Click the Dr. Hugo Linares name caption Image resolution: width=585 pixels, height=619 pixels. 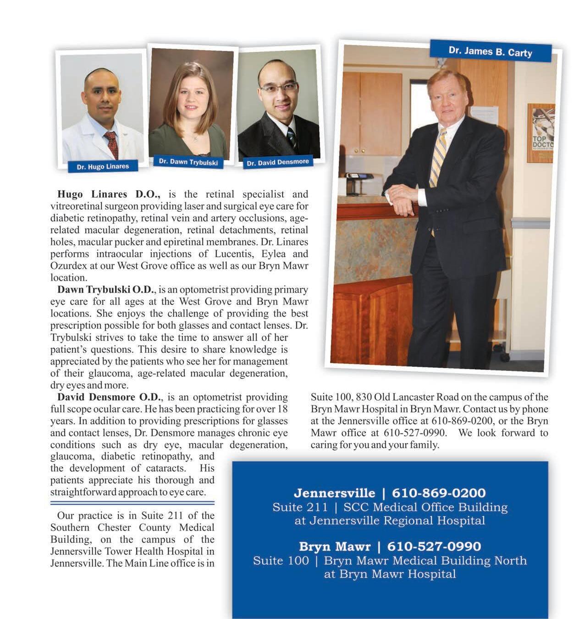tap(103, 166)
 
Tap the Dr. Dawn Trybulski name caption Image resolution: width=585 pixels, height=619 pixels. tap(188, 162)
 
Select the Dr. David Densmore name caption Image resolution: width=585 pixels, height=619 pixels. tap(278, 162)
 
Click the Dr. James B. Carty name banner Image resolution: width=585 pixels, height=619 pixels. tap(490, 51)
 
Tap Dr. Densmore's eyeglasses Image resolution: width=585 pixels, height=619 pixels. tap(278, 87)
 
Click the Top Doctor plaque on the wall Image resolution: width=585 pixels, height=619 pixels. tap(541, 133)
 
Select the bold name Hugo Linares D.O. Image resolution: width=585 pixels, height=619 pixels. tap(109, 194)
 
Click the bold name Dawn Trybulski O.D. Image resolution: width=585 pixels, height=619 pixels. tap(106, 290)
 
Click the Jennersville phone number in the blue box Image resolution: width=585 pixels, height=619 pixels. tap(438, 493)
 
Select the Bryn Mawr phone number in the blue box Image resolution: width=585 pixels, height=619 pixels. tap(434, 547)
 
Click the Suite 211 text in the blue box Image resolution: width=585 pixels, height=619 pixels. tap(300, 507)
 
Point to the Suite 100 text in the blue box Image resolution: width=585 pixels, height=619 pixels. tap(281, 560)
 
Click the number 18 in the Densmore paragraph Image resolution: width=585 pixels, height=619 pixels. tap(282, 409)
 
